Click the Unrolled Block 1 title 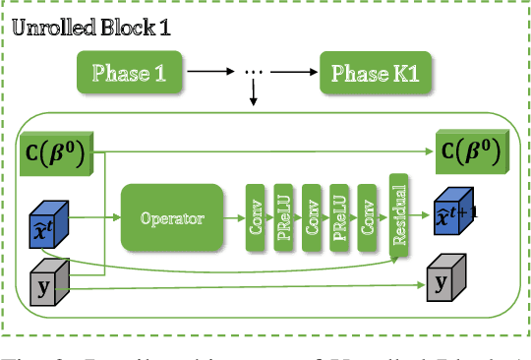[x=91, y=27]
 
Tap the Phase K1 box [x=367, y=73]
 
